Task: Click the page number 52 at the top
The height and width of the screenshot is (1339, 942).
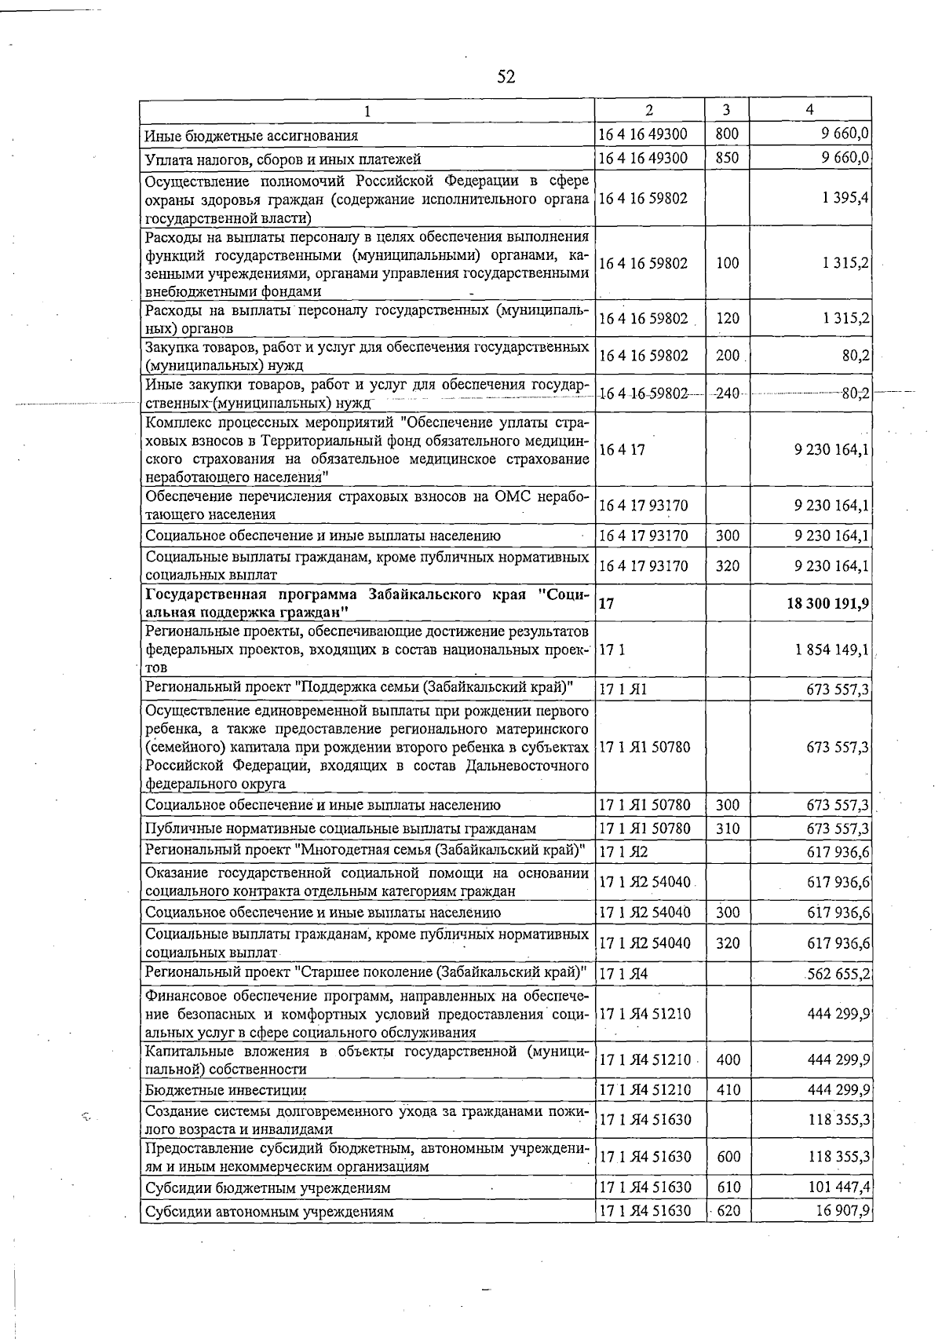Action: point(506,76)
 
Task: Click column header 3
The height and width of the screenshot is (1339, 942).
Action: point(727,110)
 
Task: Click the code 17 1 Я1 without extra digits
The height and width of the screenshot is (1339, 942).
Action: point(623,690)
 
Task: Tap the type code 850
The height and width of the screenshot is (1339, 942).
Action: point(727,158)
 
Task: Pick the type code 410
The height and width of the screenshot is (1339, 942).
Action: point(728,1090)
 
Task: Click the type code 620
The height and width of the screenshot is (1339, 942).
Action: point(728,1211)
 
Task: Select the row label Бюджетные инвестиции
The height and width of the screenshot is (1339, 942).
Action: point(226,1090)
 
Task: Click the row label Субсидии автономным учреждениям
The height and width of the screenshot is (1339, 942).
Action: point(268,1212)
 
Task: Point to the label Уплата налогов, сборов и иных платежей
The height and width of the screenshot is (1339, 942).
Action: point(283,159)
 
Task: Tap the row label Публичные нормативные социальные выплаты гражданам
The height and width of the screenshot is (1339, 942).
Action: point(341,829)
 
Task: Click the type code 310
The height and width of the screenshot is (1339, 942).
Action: point(728,829)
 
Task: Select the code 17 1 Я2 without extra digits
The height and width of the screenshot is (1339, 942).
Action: point(623,851)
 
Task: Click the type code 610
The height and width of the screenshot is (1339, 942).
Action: point(728,1187)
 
